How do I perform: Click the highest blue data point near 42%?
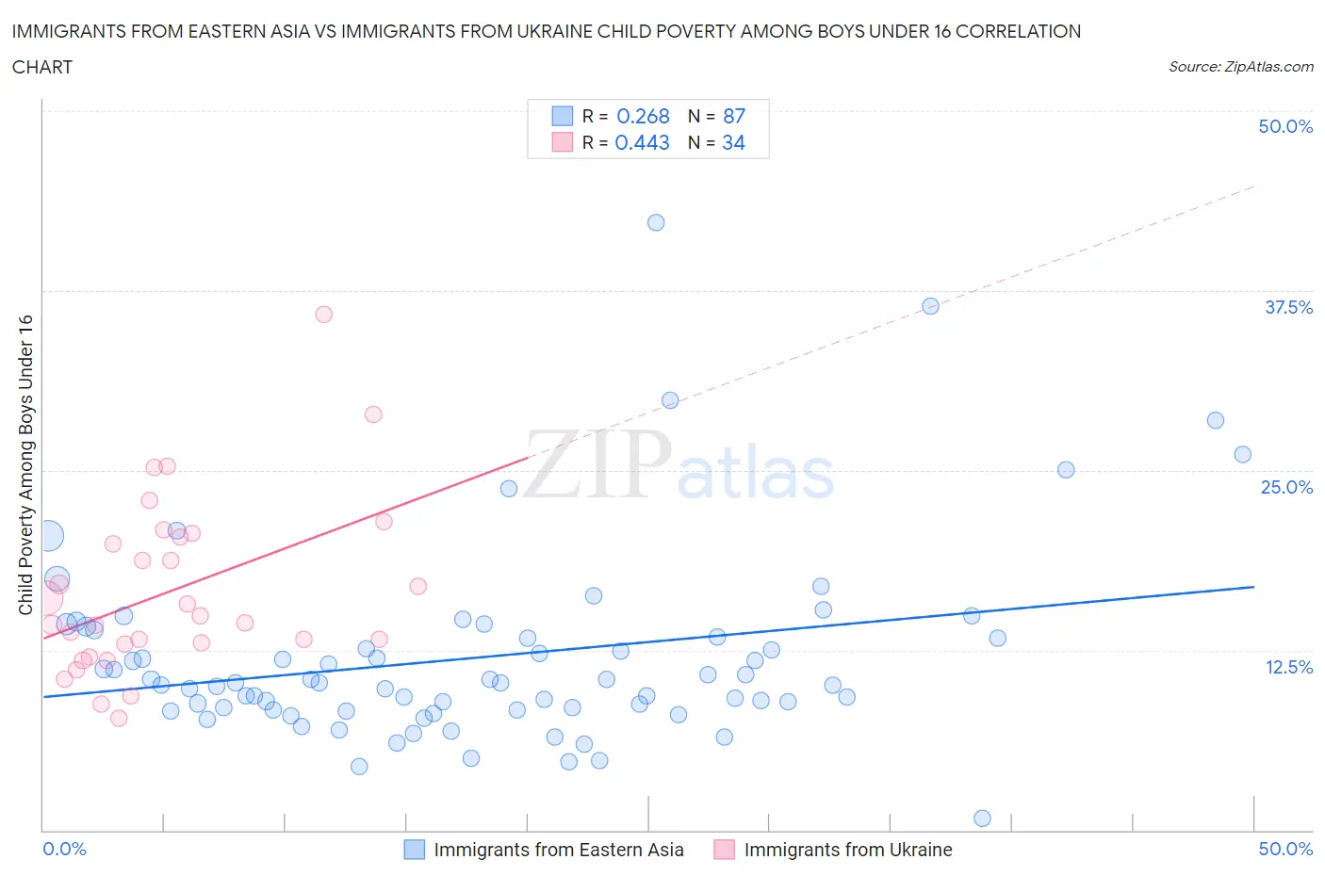[x=656, y=222]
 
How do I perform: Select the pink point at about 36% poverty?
[x=323, y=315]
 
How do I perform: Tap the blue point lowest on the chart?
[x=982, y=818]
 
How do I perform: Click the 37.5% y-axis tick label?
[x=1288, y=307]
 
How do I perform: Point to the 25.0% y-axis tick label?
[x=1286, y=487]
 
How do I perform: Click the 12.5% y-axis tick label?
[x=1288, y=667]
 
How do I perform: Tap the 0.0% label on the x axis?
[x=64, y=849]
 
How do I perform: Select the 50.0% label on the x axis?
[x=1285, y=849]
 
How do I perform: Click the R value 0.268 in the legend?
[x=643, y=116]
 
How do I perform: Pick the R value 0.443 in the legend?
[x=642, y=142]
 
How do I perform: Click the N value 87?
[x=734, y=116]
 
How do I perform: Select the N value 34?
[x=733, y=142]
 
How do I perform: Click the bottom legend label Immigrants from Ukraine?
[x=848, y=850]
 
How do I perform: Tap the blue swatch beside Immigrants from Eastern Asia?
[x=415, y=850]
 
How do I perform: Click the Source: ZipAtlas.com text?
[x=1240, y=67]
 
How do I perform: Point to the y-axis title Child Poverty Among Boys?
[x=25, y=464]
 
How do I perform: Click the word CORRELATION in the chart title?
[x=1018, y=31]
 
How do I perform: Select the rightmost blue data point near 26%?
[x=1242, y=454]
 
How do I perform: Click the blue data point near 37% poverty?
[x=930, y=306]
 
